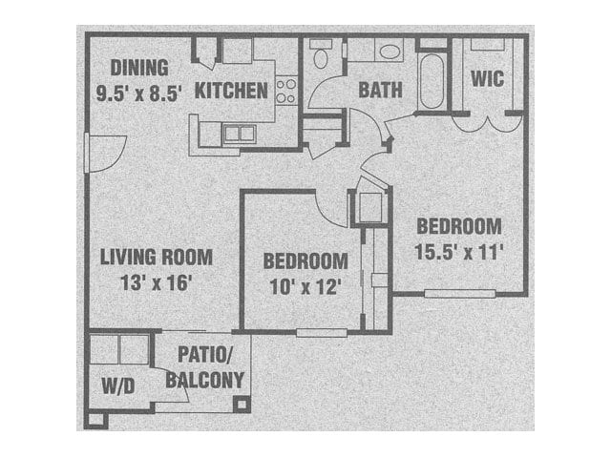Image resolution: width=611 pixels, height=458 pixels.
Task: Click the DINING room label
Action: [x=139, y=68]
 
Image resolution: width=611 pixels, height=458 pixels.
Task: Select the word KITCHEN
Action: [x=230, y=92]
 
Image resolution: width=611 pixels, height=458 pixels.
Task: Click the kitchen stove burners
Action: [x=285, y=92]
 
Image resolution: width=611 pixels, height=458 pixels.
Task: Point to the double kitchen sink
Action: [x=239, y=134]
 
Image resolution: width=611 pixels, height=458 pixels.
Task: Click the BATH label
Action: [x=380, y=92]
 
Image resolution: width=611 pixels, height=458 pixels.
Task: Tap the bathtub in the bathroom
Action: [x=432, y=80]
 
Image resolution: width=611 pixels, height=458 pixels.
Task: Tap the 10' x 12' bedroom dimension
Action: [x=304, y=286]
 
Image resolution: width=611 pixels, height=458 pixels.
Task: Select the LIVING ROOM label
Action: [x=157, y=258]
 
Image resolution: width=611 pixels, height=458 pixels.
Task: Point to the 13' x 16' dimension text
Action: [x=158, y=282]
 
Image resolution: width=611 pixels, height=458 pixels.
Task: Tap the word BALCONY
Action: [x=204, y=379]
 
